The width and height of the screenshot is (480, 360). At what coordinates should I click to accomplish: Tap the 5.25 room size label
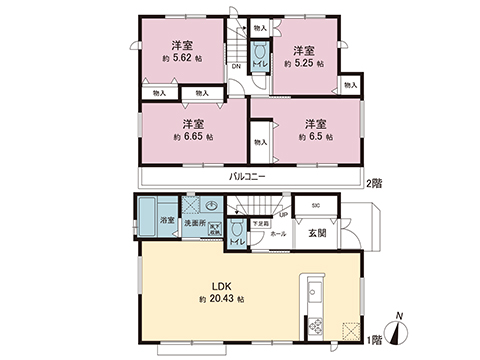(x=309, y=62)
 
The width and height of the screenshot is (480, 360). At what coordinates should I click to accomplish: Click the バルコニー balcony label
(x=246, y=176)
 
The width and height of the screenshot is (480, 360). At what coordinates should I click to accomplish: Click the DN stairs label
(x=236, y=68)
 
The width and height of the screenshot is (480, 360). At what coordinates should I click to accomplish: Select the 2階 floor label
(x=374, y=182)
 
